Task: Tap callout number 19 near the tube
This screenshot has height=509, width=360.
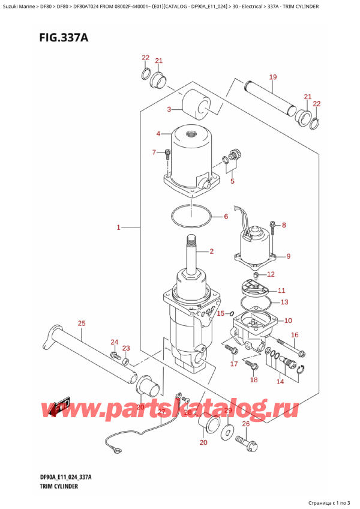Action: coord(272,77)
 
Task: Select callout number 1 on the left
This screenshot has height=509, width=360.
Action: coord(119,227)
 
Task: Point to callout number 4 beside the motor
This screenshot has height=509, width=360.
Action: coord(158,133)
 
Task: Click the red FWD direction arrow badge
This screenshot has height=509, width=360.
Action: coord(61,408)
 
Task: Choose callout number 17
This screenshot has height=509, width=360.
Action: coord(234,364)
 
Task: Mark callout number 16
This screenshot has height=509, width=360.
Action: coord(295,335)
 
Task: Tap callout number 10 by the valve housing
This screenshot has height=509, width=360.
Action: coord(288,321)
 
